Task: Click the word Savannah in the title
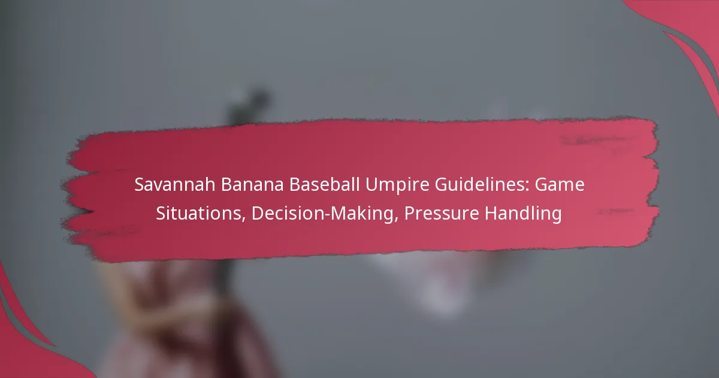(174, 185)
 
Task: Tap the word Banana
(252, 185)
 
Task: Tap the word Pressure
(442, 214)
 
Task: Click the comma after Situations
(243, 220)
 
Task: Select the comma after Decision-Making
(396, 220)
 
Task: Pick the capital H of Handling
(491, 214)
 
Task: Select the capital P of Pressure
(409, 214)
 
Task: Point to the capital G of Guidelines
(442, 185)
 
